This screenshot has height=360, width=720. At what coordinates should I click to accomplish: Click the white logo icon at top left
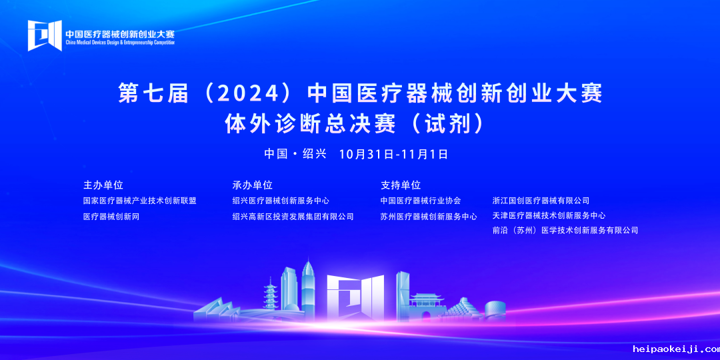coord(45,35)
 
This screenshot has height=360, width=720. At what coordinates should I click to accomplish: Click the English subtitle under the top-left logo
coord(120,42)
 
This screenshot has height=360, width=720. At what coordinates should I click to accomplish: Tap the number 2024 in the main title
coord(247,94)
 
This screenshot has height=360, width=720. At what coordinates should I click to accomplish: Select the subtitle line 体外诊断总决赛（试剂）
coord(355,123)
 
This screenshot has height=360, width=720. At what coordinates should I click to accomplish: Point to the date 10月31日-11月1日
coord(393,154)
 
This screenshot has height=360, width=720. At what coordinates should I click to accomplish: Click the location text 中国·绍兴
coord(295,154)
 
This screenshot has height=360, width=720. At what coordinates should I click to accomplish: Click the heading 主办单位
coord(103,185)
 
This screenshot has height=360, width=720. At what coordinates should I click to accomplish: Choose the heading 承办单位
coord(253,185)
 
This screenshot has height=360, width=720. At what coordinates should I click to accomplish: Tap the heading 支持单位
coord(401,185)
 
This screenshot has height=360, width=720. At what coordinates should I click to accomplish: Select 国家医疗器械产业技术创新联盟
coord(140,201)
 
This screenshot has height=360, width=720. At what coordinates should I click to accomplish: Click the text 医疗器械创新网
coord(111,216)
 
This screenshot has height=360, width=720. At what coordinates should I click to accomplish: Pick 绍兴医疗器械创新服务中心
coord(281,201)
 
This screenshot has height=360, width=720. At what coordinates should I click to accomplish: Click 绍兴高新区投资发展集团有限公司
coord(293,216)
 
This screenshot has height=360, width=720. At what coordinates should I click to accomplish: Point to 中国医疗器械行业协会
coord(421,201)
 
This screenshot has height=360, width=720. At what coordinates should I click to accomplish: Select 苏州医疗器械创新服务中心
coord(429,216)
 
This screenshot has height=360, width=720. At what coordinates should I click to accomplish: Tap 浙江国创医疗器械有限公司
coord(541,201)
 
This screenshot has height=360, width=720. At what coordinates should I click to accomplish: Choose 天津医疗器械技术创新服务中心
coord(549,215)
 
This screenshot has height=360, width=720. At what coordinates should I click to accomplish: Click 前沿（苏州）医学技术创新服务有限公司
coord(565,230)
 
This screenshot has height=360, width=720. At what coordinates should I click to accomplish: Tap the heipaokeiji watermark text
coord(676,349)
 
